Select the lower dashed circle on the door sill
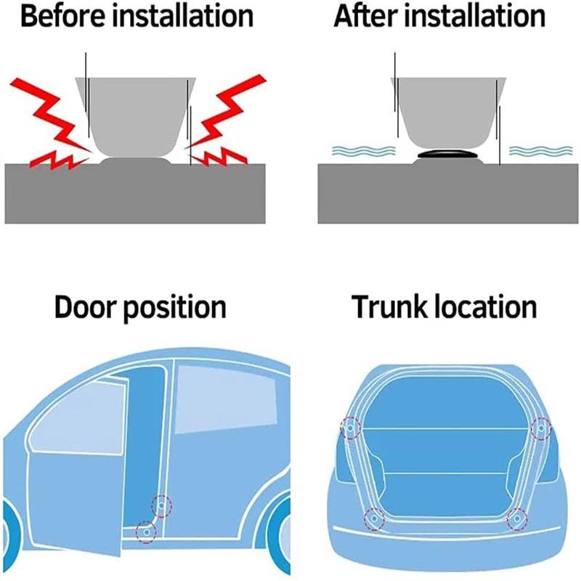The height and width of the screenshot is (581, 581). tap(146, 532)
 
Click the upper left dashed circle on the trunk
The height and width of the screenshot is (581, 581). tap(349, 429)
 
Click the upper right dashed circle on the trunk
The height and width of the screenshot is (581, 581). tap(541, 429)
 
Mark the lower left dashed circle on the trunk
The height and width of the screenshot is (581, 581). tap(373, 519)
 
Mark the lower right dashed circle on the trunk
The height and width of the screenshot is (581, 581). tap(517, 519)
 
